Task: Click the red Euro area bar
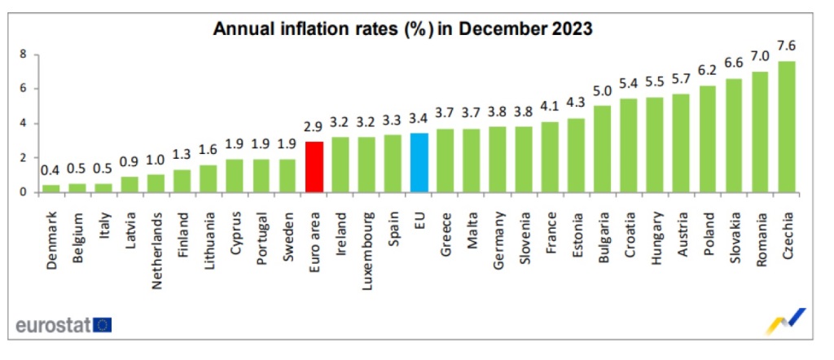(314, 167)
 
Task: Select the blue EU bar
(419, 163)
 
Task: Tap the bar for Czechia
(787, 126)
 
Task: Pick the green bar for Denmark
(50, 188)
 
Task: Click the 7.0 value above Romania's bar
(760, 56)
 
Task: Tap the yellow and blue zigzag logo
(786, 321)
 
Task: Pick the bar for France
(551, 157)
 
